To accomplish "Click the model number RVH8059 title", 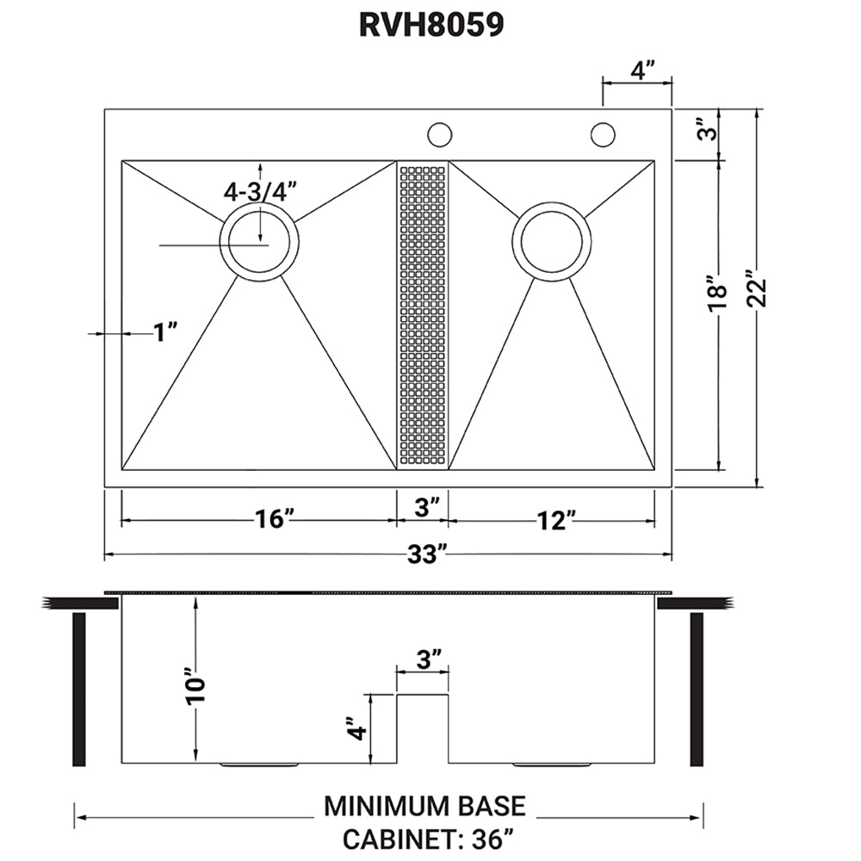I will point(430,25).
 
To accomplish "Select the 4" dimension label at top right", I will point(638,70).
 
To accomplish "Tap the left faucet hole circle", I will point(440,134).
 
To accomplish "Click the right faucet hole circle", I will point(602,134).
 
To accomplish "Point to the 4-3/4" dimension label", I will point(259,192).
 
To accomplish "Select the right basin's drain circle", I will point(551,240).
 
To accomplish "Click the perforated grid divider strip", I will point(422,315).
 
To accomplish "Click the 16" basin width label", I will point(274,520).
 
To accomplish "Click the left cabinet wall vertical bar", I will point(77,689).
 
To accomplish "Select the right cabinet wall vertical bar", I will point(697,689).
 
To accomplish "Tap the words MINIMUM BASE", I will point(424,806).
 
